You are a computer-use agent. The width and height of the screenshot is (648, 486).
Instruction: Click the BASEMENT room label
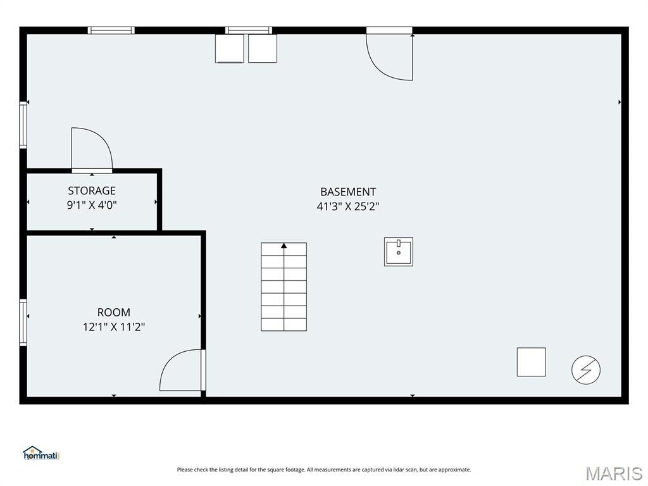(348, 192)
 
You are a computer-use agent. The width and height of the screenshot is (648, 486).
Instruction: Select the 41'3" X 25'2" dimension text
(348, 206)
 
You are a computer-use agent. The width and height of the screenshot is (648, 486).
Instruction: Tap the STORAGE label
(92, 190)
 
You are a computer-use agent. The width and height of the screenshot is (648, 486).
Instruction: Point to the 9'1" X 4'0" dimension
(92, 205)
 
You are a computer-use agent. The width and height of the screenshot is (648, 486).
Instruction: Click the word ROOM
(114, 312)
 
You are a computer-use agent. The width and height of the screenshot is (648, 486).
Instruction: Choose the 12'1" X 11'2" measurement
(114, 327)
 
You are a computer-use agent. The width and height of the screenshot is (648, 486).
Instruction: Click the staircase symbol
(283, 287)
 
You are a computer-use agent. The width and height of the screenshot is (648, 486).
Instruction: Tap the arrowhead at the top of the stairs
(284, 246)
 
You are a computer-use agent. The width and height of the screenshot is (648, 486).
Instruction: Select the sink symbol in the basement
(399, 252)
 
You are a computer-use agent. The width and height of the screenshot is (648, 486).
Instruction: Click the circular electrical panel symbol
(585, 370)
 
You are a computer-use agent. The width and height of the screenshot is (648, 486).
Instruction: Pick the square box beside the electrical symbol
(531, 362)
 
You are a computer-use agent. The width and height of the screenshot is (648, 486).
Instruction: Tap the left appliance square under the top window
(229, 49)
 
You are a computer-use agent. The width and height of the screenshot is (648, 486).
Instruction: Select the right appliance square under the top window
(263, 49)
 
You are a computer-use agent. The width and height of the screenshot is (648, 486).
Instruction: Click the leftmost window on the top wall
(111, 30)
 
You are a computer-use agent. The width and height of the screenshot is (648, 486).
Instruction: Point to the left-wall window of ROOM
(23, 322)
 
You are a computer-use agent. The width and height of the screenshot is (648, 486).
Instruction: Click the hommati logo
(41, 453)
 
